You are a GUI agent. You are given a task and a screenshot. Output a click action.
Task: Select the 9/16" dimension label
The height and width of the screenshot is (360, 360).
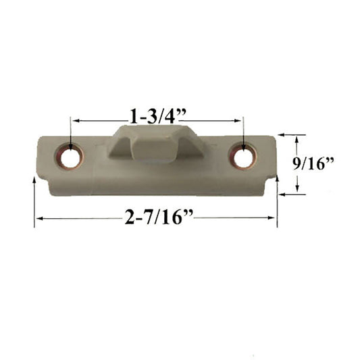[x=313, y=163]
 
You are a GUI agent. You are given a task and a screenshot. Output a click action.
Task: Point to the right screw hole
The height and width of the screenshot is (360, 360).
[x=243, y=157]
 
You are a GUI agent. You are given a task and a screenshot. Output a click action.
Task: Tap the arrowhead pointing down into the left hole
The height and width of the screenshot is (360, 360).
[x=71, y=147]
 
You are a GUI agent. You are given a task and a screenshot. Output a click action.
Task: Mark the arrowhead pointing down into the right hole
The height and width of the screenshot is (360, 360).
[x=243, y=147]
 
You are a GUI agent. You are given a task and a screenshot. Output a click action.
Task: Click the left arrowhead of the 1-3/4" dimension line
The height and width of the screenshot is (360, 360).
[x=76, y=120]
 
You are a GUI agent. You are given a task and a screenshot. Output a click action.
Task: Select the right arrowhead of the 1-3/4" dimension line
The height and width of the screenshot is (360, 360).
[x=237, y=120]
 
